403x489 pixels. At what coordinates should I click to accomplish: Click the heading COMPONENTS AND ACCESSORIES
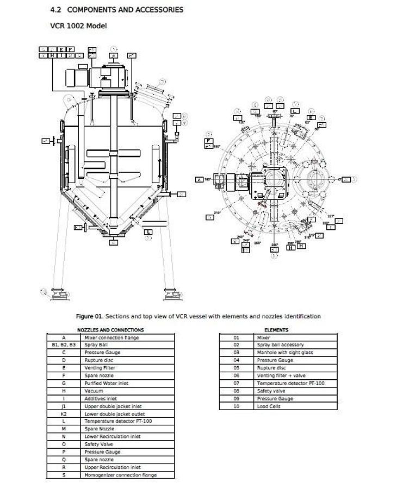tap(125, 10)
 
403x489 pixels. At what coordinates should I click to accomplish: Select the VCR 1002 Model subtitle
tap(78, 26)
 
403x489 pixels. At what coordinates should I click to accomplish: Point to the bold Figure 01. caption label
tap(89, 316)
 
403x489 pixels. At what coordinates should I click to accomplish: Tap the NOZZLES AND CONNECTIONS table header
tap(110, 330)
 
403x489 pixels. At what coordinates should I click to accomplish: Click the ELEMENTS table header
tap(276, 330)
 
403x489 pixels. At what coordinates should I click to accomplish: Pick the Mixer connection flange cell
tap(111, 337)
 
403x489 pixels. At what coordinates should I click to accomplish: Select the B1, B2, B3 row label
tap(64, 345)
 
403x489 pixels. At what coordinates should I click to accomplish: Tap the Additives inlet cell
tap(101, 398)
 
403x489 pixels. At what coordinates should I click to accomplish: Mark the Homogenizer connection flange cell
tap(120, 475)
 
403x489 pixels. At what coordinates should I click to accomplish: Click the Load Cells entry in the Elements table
tap(269, 406)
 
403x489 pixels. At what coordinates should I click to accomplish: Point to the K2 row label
tap(64, 413)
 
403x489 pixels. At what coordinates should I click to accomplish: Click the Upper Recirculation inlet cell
tap(112, 467)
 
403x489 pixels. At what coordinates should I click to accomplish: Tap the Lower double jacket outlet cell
tap(114, 413)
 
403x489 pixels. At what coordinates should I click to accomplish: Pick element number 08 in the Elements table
tap(237, 391)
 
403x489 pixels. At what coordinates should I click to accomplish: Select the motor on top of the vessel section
tap(76, 77)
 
